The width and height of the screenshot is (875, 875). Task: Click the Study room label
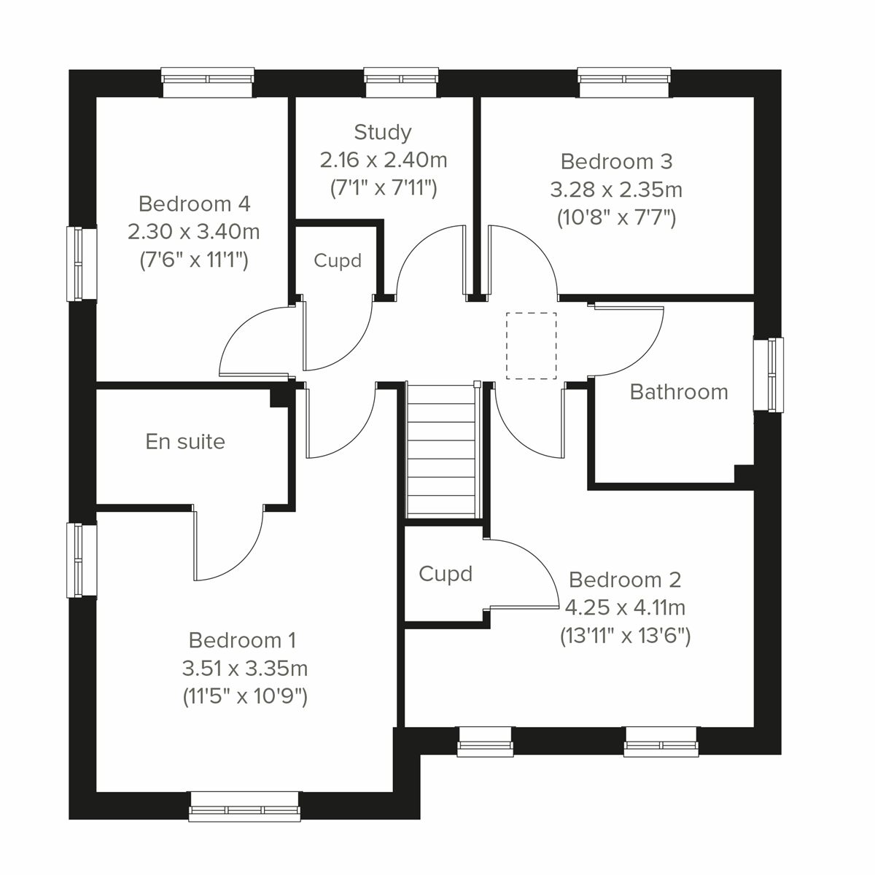pos(383,132)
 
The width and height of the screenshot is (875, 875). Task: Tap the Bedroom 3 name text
pos(616,161)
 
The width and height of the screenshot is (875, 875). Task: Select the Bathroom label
pos(679,392)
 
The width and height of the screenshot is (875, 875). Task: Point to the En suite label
pos(185,442)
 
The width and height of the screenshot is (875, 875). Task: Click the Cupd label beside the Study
pos(338,260)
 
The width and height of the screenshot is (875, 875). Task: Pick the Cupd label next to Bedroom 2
pos(446,575)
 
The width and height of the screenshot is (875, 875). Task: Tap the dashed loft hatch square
pos(532,346)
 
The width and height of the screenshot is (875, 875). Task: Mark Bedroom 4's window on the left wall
pos(82,263)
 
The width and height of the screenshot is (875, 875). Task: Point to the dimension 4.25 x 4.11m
pos(625,607)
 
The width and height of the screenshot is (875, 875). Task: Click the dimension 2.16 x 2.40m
pos(384,160)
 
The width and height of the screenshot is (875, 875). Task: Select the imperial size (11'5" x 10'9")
pos(245,696)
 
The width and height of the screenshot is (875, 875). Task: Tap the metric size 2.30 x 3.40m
pos(194,232)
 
